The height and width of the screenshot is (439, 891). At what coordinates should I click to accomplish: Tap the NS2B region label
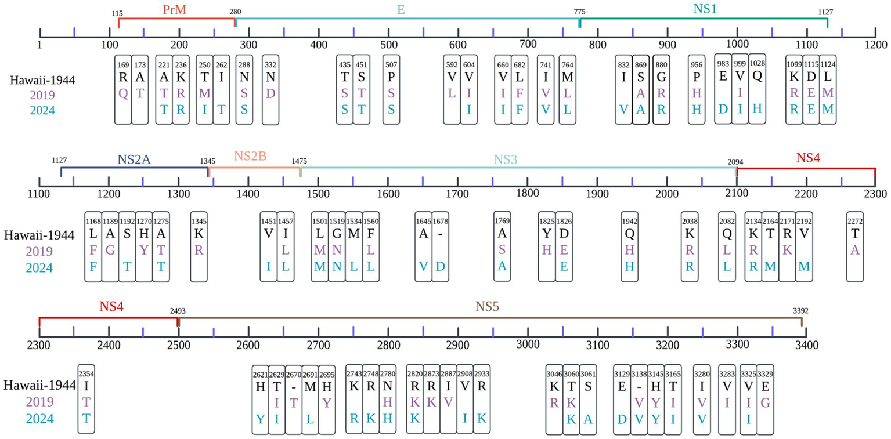pos(250,157)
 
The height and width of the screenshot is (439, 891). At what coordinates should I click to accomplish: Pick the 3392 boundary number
pos(800,311)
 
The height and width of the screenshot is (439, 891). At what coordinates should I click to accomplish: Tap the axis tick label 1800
pos(527,193)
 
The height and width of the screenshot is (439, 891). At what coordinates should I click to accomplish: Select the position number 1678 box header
pos(441,220)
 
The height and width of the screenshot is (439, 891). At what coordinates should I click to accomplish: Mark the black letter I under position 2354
pos(86,386)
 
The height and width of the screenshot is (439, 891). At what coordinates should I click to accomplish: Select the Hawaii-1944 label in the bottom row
pos(39,385)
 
